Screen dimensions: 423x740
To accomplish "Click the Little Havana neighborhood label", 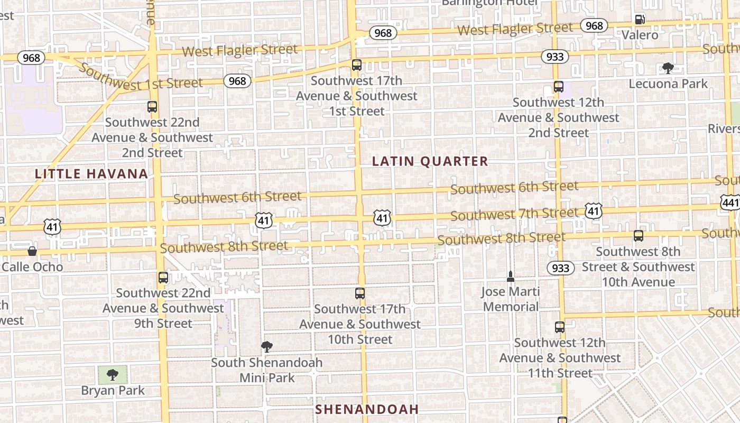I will (x=91, y=173).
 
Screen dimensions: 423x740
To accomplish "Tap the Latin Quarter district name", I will (x=430, y=161).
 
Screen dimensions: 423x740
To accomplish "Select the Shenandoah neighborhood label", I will (x=367, y=409).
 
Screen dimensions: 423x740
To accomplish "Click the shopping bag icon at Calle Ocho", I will (x=32, y=251).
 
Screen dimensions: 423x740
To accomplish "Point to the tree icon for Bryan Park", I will (x=112, y=375).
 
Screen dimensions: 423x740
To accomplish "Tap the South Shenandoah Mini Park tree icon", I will (x=267, y=347).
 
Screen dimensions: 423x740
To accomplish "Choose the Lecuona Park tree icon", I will (x=668, y=68).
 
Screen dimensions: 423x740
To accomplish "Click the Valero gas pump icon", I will (x=640, y=20).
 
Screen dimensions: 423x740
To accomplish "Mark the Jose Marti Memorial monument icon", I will (x=511, y=276).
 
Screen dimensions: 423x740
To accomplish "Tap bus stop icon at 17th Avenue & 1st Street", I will (x=357, y=65).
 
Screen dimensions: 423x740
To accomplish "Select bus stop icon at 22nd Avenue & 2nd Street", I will (x=152, y=107).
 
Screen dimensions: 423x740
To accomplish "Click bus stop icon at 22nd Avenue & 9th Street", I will (x=163, y=277).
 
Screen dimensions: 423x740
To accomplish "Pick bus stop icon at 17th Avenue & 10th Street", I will (x=360, y=293).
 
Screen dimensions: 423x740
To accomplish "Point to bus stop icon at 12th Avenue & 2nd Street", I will (x=558, y=87).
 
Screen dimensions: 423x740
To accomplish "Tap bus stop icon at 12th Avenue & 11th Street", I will (x=560, y=327).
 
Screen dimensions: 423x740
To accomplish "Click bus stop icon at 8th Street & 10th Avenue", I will (x=639, y=236).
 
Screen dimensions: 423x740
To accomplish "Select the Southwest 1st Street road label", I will (x=142, y=78).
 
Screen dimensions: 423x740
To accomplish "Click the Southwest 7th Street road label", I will (x=514, y=214).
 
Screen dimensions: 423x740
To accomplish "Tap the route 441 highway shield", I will (x=730, y=201).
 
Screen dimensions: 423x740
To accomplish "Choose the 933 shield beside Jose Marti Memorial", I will (x=560, y=268).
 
